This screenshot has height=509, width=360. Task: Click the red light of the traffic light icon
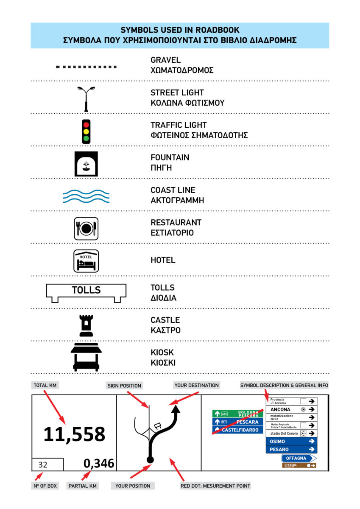click(x=87, y=124)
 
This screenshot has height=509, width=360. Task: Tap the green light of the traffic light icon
click(x=87, y=138)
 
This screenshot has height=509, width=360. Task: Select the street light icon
click(x=86, y=99)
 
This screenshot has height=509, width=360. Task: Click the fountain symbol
click(x=86, y=164)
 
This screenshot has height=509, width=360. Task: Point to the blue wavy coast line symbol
click(x=86, y=196)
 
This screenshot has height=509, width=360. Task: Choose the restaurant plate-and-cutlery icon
click(x=86, y=229)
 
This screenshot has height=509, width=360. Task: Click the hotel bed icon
click(x=86, y=261)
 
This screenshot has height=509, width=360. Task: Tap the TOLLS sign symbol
click(x=86, y=291)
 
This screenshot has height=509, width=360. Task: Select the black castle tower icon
click(x=86, y=325)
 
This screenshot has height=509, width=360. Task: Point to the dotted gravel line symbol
click(x=86, y=67)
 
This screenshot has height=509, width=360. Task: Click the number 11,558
click(x=74, y=434)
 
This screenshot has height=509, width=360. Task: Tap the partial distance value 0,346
click(x=99, y=463)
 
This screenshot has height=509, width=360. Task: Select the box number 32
click(x=43, y=464)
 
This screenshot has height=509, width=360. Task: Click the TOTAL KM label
click(x=45, y=385)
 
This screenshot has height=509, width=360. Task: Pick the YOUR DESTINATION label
click(x=197, y=385)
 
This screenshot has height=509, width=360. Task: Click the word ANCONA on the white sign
click(x=280, y=410)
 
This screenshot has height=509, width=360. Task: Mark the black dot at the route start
click(x=150, y=459)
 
